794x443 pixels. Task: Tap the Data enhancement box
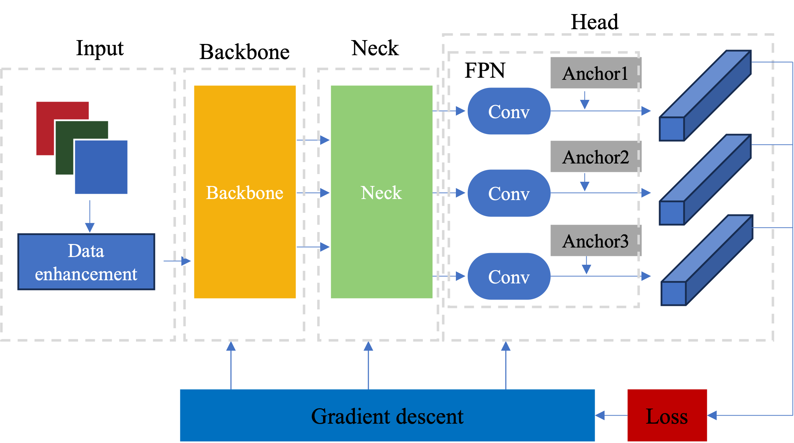86,262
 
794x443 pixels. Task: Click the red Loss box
667,416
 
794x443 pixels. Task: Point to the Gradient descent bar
387,416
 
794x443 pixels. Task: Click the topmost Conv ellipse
509,111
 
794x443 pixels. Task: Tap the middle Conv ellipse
509,193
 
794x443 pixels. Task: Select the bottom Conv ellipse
509,276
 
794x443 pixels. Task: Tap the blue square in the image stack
101,167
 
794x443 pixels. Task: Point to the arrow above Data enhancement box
90,216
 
